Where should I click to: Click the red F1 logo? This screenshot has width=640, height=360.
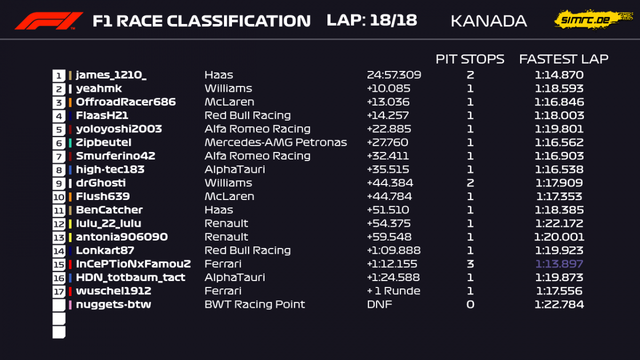(x=49, y=21)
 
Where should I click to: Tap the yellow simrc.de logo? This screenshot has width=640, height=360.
(x=593, y=19)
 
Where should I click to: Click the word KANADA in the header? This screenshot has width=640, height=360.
(x=489, y=21)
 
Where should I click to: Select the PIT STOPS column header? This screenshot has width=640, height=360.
(x=470, y=59)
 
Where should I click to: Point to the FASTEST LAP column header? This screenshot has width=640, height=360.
(x=564, y=59)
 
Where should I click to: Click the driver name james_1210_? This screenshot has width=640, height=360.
(x=111, y=75)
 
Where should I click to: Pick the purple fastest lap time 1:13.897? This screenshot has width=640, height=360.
(x=559, y=263)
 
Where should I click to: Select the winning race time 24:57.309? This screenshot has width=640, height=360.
(x=394, y=75)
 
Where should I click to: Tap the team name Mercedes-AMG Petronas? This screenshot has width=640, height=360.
(x=276, y=142)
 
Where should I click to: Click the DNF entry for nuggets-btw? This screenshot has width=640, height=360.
(x=379, y=305)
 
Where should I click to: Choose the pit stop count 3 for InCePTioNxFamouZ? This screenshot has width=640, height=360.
(x=470, y=263)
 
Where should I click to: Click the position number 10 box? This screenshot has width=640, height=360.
(x=59, y=197)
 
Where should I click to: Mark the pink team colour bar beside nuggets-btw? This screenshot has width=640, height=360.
(x=70, y=305)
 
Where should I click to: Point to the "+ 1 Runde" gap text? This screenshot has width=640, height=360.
(x=394, y=291)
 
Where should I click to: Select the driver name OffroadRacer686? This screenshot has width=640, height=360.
(x=126, y=102)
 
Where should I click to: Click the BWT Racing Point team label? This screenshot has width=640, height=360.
(x=254, y=305)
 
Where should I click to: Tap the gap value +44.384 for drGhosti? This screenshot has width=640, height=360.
(x=390, y=183)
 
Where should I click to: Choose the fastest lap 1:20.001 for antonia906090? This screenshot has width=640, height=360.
(x=559, y=237)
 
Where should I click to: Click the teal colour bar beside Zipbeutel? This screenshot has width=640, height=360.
(x=70, y=142)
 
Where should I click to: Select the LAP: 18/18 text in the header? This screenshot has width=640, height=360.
(x=372, y=20)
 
